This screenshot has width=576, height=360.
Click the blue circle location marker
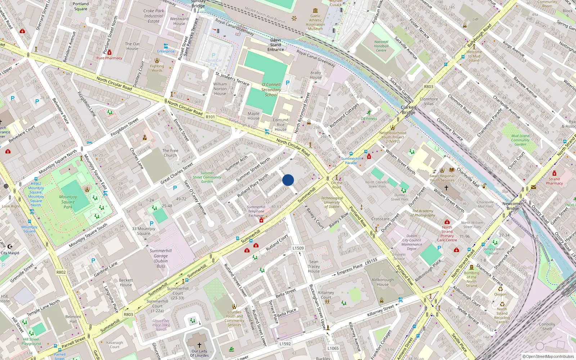[x=288, y=180]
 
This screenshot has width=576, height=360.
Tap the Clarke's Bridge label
[x=409, y=110]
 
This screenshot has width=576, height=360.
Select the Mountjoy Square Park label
[x=68, y=202]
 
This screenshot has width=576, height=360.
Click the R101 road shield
[x=210, y=117]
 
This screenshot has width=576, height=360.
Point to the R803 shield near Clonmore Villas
[x=428, y=87]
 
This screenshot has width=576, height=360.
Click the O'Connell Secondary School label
[x=271, y=90]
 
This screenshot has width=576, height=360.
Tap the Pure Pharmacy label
[x=109, y=58]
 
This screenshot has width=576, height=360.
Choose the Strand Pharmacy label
[x=554, y=181]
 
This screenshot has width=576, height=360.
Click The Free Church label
[x=170, y=153]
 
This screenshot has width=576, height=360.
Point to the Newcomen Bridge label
[x=513, y=206]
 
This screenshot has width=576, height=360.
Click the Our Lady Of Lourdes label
[x=199, y=353]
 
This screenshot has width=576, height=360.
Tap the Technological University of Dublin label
[x=332, y=202]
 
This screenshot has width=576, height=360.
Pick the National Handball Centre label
[x=381, y=46]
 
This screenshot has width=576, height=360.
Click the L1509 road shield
[x=298, y=248]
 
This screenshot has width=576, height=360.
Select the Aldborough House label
[x=383, y=282]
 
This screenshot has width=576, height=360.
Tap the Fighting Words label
[x=157, y=68]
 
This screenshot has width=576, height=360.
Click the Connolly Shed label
[x=547, y=326]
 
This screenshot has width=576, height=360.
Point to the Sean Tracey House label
[x=314, y=266]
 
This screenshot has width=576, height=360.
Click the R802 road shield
[x=61, y=272]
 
